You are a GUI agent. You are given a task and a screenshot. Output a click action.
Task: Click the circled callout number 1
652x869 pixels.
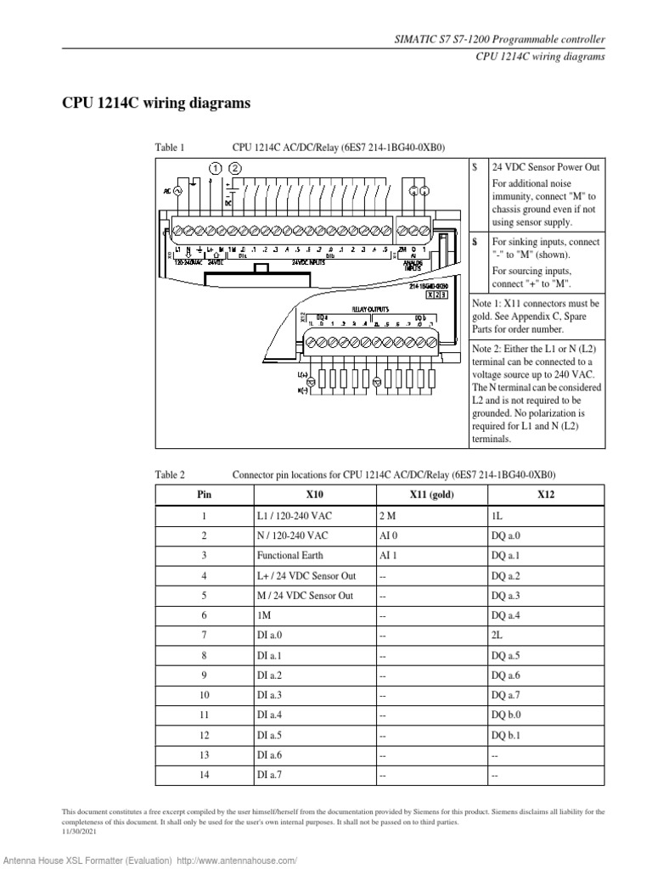[x=216, y=168]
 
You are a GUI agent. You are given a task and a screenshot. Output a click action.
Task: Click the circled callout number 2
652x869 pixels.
[x=235, y=168]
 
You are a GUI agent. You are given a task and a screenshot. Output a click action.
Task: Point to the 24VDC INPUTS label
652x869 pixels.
[x=311, y=263]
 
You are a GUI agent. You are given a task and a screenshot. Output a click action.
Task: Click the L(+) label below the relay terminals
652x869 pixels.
[x=303, y=374]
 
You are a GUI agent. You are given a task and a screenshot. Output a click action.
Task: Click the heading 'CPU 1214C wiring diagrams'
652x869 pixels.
[x=157, y=104]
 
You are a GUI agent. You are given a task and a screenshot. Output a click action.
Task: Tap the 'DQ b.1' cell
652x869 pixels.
[x=506, y=734]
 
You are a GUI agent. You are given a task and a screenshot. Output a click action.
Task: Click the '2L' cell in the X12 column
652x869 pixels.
[x=497, y=634]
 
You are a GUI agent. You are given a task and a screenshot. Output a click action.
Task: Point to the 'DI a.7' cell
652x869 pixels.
[x=270, y=776]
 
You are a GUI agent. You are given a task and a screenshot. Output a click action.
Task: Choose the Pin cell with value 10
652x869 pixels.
[x=204, y=694]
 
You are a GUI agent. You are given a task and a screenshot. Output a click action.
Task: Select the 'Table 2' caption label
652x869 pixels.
[x=170, y=474]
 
